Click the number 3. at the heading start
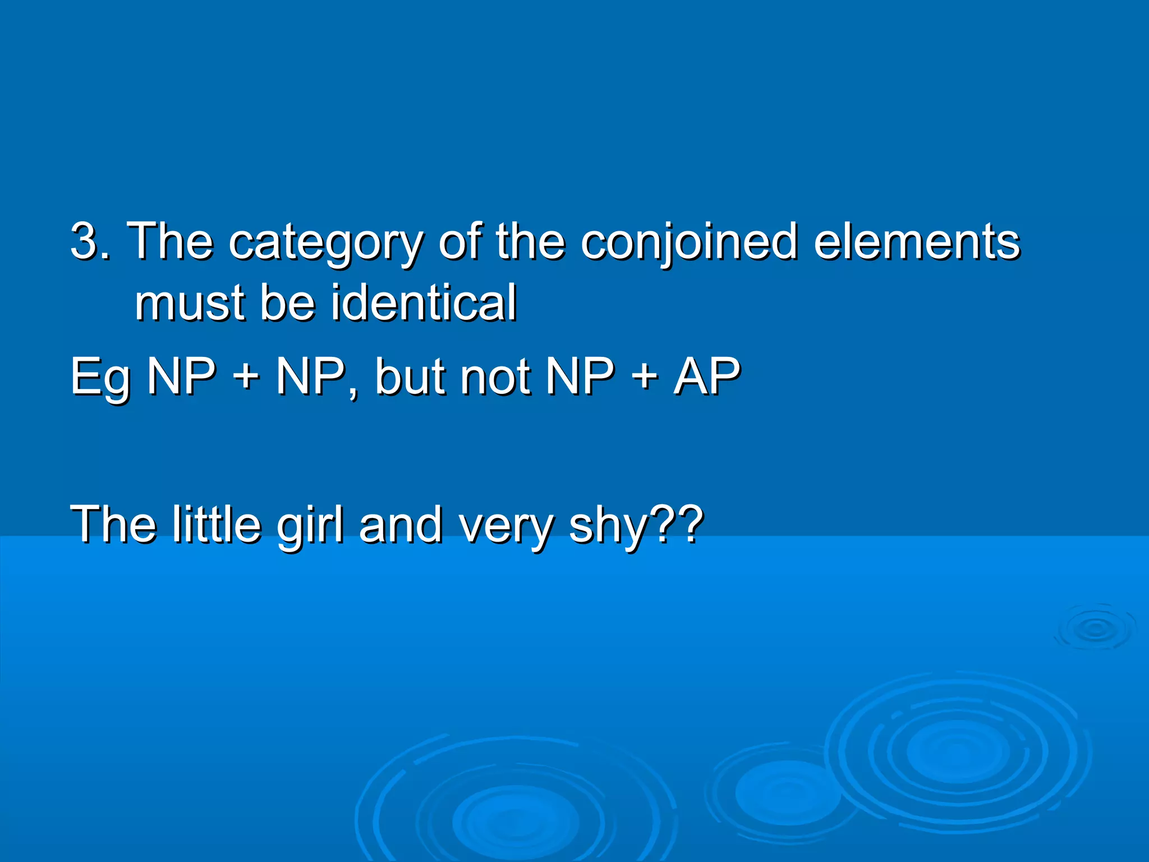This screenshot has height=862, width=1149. (90, 241)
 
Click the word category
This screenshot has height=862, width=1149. (325, 242)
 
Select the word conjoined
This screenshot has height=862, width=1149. (689, 242)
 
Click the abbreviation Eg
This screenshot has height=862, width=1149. (100, 377)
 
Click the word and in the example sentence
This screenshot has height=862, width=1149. (401, 524)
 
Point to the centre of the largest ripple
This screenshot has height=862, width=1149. (957, 752)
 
